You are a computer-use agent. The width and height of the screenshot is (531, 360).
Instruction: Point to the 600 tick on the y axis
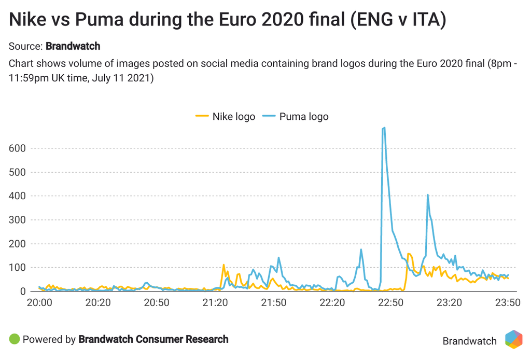coord(18,148)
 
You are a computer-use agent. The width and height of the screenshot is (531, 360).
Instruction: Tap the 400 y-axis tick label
coord(18,196)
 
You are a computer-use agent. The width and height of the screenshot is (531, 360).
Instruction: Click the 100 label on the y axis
coord(18,268)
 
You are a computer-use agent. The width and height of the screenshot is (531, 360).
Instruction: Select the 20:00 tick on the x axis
coord(39,302)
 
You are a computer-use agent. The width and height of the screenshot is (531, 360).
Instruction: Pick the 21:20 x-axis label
coord(215,302)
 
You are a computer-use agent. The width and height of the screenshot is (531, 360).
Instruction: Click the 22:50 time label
coord(390,302)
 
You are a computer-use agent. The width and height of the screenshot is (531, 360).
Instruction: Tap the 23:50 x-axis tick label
coord(508,302)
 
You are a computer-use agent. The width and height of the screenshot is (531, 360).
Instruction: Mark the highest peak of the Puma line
coord(384,128)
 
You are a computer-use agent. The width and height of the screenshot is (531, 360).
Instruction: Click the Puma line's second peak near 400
coord(428,195)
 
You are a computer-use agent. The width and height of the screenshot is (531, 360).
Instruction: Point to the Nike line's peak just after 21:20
coord(223,265)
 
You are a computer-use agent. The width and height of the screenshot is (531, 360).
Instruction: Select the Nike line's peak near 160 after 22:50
coord(410,254)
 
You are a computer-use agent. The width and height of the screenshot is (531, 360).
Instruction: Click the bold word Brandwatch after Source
coord(73,46)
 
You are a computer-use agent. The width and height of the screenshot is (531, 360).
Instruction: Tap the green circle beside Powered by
coord(15,339)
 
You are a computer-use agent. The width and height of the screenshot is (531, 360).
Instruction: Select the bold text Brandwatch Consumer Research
coord(153,339)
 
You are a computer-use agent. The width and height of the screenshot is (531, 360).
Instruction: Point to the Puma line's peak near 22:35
coord(361,250)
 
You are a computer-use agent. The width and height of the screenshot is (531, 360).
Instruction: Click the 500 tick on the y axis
coord(18,172)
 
